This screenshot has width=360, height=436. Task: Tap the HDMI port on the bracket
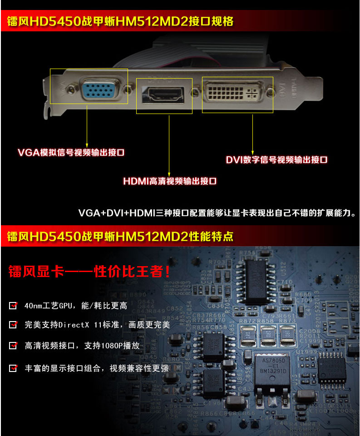click(164, 94)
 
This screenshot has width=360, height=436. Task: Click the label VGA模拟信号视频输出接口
click(71, 153)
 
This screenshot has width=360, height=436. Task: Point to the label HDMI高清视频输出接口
click(170, 181)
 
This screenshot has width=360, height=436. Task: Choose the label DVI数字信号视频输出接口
click(276, 160)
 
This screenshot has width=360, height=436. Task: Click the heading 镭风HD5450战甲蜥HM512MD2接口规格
click(120, 21)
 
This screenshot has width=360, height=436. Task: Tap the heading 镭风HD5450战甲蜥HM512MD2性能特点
click(120, 236)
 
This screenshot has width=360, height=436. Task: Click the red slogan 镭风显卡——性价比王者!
click(89, 272)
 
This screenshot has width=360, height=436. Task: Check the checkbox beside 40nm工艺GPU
click(13, 305)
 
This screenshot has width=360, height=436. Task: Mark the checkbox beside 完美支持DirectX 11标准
click(13, 325)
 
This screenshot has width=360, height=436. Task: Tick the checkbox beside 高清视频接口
click(13, 346)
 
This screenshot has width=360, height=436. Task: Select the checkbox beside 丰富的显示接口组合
click(13, 367)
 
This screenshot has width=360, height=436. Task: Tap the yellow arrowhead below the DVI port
click(252, 150)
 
